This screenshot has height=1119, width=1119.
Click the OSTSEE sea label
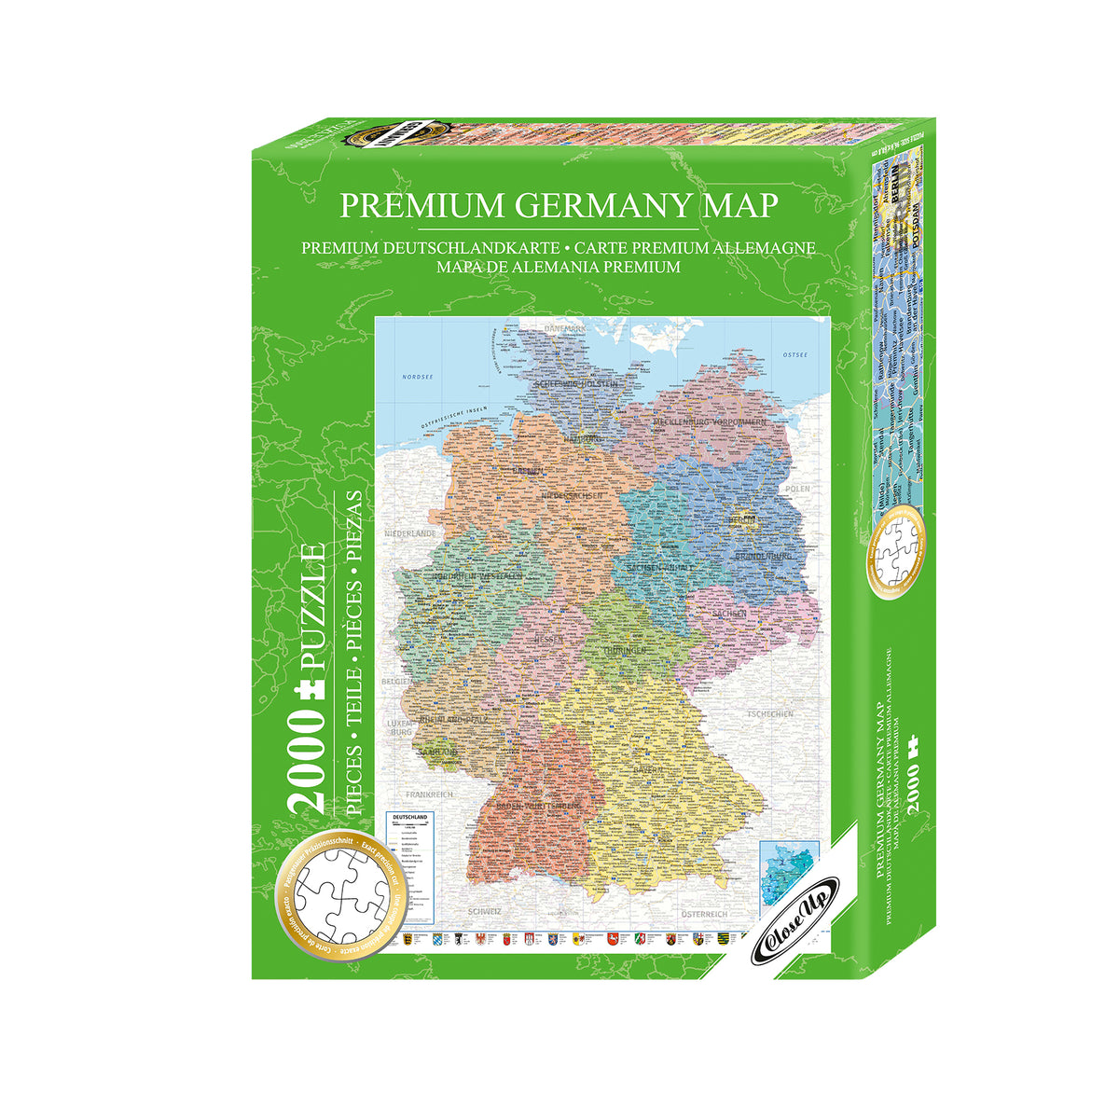coord(794,355)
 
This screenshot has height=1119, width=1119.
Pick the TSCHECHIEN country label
coord(770,713)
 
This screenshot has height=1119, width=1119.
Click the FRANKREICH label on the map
coord(428,794)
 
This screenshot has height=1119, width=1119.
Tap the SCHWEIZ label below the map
coord(486,909)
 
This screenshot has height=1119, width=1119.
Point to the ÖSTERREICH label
coord(703,913)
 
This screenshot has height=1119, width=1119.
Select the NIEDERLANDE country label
coord(410,533)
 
